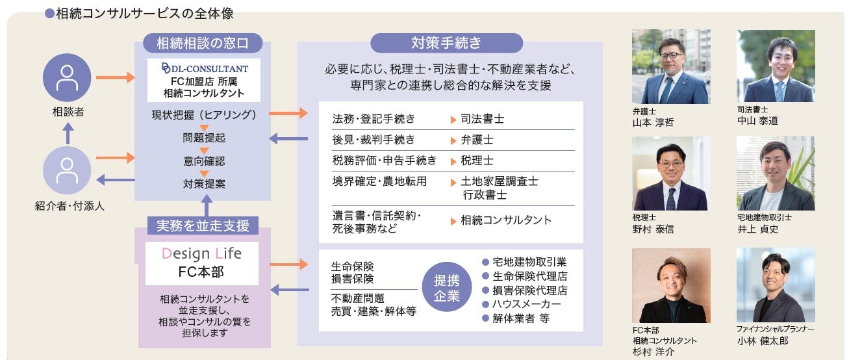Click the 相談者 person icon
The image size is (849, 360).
click(x=67, y=77)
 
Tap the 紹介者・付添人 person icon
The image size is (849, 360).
click(x=67, y=170)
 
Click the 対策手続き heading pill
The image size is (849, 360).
click(x=446, y=44)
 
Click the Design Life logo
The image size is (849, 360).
click(x=201, y=253)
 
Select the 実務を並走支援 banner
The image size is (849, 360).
click(x=203, y=225)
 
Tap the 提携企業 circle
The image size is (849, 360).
click(x=446, y=288)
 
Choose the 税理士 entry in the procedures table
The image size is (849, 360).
click(x=477, y=160)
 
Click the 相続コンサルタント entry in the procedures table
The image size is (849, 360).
click(x=506, y=220)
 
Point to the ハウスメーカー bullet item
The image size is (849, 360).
click(x=526, y=304)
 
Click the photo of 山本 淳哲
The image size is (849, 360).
click(x=671, y=66)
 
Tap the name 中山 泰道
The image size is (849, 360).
click(x=758, y=121)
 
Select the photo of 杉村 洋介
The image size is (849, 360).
click(x=671, y=285)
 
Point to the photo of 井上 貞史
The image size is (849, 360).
click(x=775, y=174)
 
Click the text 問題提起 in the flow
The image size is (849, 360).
click(x=204, y=138)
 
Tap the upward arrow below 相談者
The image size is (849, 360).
click(x=67, y=134)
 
